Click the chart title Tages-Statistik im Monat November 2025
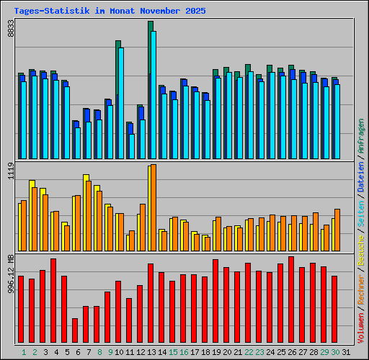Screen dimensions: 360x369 click(x=110, y=12)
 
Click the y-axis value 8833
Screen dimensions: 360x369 click(x=11, y=29)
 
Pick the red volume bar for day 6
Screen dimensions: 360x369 click(x=75, y=330)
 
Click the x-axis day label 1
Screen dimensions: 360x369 click(x=23, y=352)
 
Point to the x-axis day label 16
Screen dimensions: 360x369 click(x=184, y=352)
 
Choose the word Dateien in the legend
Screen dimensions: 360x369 click(x=361, y=177)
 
